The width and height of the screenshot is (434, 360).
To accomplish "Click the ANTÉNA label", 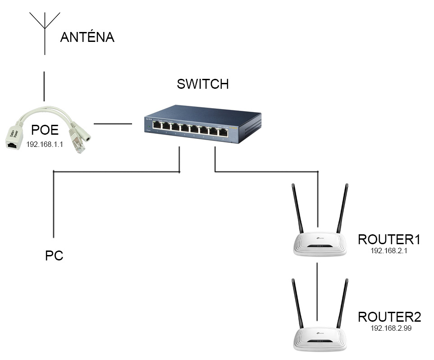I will tap(87, 37).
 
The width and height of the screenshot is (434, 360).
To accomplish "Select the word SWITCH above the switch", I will tap(203, 84).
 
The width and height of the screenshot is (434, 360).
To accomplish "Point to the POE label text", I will tap(45, 130).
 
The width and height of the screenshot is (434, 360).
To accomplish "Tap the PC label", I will tap(54, 255).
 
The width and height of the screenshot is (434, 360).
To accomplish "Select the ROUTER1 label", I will tap(389, 239).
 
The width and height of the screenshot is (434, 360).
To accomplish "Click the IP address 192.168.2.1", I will tap(389, 251).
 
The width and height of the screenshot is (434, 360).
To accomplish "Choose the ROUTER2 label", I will tap(389, 317).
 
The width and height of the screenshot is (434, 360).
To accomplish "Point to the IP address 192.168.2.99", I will tap(391, 329).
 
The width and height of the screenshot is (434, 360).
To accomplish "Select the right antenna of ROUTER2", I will tap(343, 302).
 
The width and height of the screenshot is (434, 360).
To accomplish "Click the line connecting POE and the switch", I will tap(112, 123).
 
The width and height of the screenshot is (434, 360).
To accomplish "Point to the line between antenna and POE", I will tap(44, 86).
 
